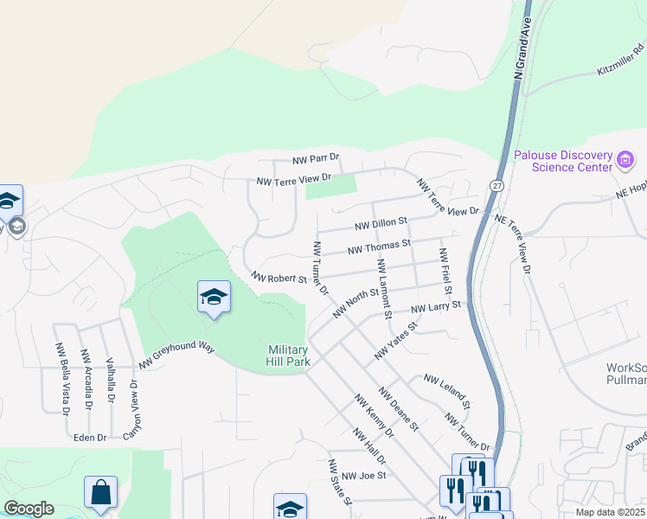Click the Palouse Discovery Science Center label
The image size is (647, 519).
tap(562, 161)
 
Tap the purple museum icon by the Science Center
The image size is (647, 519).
tap(625, 160)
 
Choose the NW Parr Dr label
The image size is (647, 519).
tap(316, 160)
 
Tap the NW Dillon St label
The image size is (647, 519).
tap(381, 225)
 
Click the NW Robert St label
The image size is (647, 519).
tap(279, 278)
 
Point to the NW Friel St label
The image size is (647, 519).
tap(445, 269)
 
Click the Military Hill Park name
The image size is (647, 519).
tap(288, 355)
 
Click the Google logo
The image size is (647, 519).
tap(29, 509)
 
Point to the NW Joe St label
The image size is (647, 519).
tap(362, 475)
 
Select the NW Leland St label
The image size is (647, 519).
tap(446, 392)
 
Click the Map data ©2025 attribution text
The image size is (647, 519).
tap(611, 512)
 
